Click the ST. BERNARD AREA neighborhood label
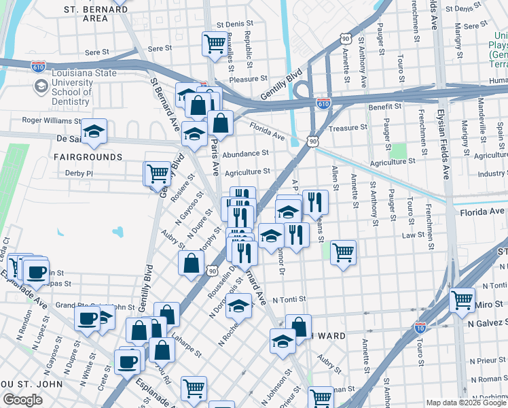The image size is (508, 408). [95, 14]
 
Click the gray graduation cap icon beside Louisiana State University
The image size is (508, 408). [41, 86]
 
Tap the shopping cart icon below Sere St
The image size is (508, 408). [215, 44]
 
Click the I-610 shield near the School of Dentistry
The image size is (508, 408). [38, 66]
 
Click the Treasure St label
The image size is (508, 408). [348, 127]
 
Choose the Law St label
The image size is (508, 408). [412, 235]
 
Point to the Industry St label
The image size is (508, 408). [492, 174]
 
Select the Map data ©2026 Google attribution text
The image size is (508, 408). [466, 403]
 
